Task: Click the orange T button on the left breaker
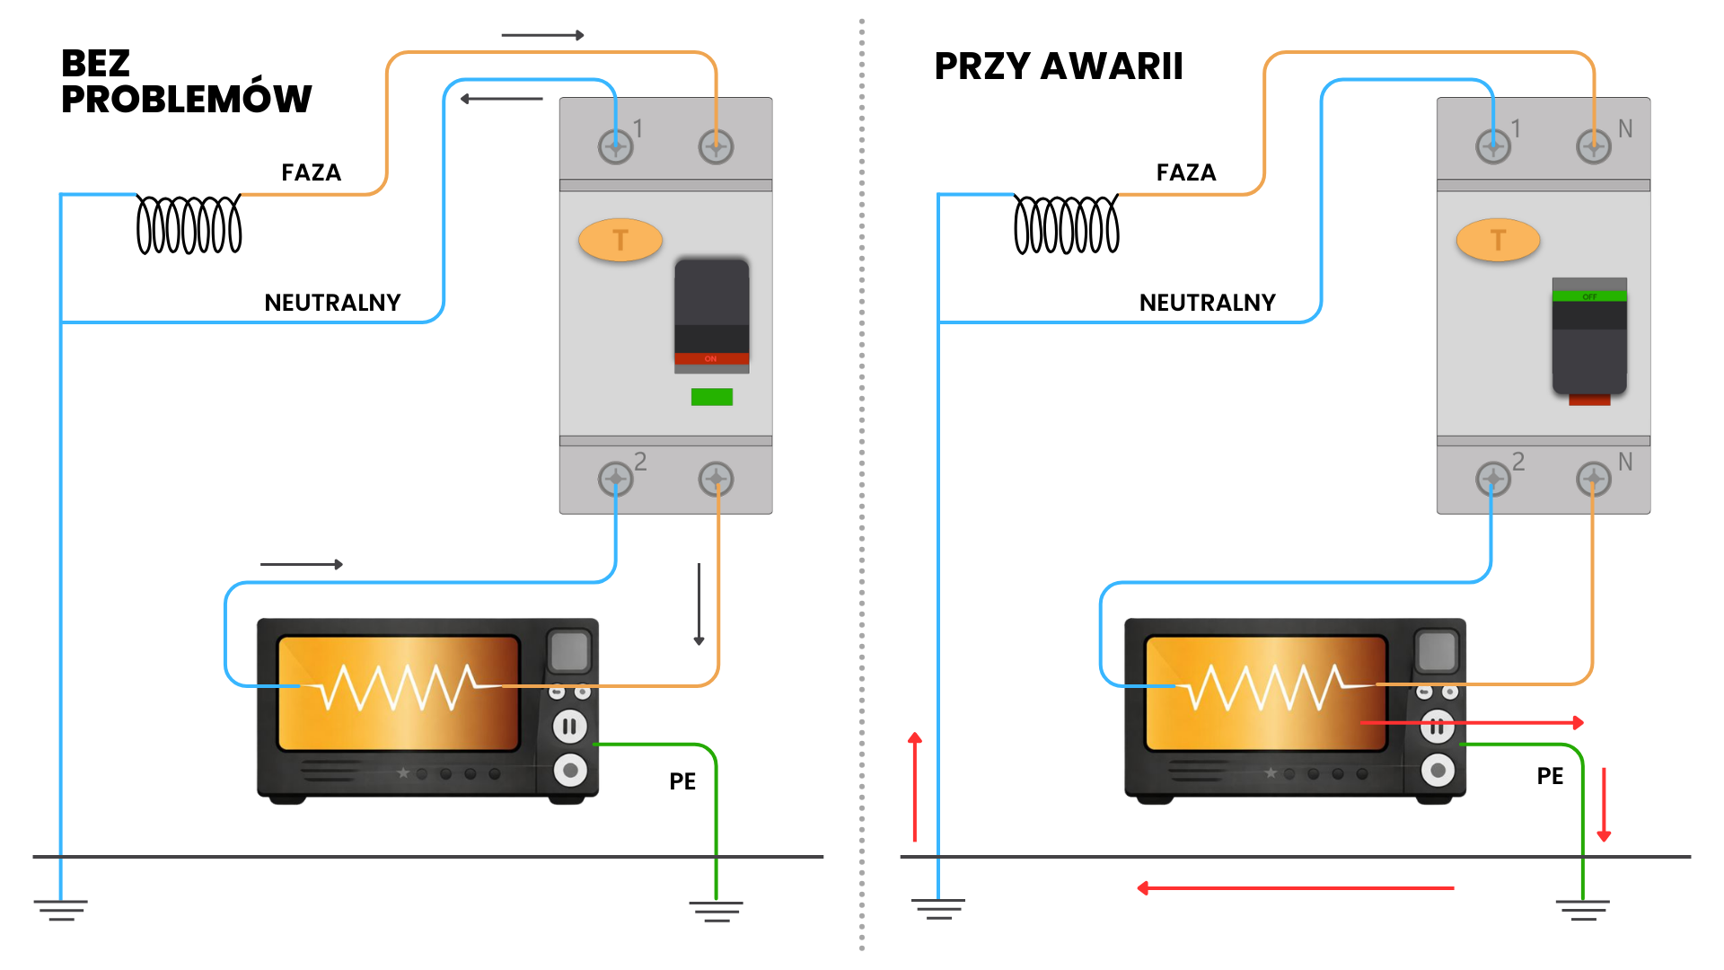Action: [620, 240]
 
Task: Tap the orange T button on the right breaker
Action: [1498, 240]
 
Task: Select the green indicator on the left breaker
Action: [712, 397]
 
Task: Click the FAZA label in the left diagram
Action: [311, 172]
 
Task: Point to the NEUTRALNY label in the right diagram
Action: [1207, 303]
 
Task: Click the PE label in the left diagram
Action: [682, 781]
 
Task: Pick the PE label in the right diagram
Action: [1550, 776]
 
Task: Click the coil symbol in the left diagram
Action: [189, 225]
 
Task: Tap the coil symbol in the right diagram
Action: [1066, 225]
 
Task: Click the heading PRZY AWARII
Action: [1059, 66]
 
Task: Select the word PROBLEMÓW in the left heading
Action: [186, 99]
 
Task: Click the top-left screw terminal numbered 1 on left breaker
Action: [616, 145]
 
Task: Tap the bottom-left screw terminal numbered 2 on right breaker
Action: [1493, 479]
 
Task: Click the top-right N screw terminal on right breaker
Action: [1594, 145]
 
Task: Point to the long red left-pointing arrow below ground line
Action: [1295, 888]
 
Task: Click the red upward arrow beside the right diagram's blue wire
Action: [915, 787]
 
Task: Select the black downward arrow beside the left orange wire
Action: [699, 604]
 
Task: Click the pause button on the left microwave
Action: [570, 726]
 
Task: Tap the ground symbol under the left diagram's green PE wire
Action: [716, 911]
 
